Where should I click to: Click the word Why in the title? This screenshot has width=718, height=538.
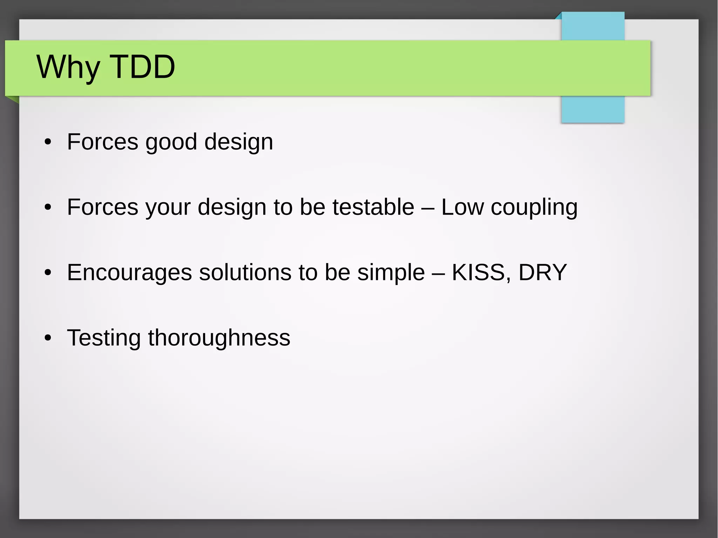pyautogui.click(x=68, y=67)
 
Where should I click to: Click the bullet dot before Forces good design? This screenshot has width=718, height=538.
pyautogui.click(x=48, y=142)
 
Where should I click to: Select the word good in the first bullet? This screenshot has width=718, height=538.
pyautogui.click(x=171, y=142)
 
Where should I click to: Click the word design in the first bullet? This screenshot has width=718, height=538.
pyautogui.click(x=238, y=142)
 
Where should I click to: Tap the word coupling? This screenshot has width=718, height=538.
pyautogui.click(x=534, y=207)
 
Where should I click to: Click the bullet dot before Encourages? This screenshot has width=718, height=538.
pyautogui.click(x=48, y=272)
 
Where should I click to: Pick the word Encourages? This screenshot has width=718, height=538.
pyautogui.click(x=129, y=273)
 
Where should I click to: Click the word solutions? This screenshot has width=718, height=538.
pyautogui.click(x=245, y=272)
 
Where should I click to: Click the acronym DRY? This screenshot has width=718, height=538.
pyautogui.click(x=542, y=272)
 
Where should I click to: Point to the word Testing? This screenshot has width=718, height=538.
pyautogui.click(x=104, y=338)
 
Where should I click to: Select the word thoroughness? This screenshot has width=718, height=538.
pyautogui.click(x=219, y=338)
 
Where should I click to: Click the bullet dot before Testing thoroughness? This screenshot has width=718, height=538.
pyautogui.click(x=48, y=338)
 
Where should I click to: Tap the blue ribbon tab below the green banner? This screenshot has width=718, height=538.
pyautogui.click(x=592, y=109)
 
